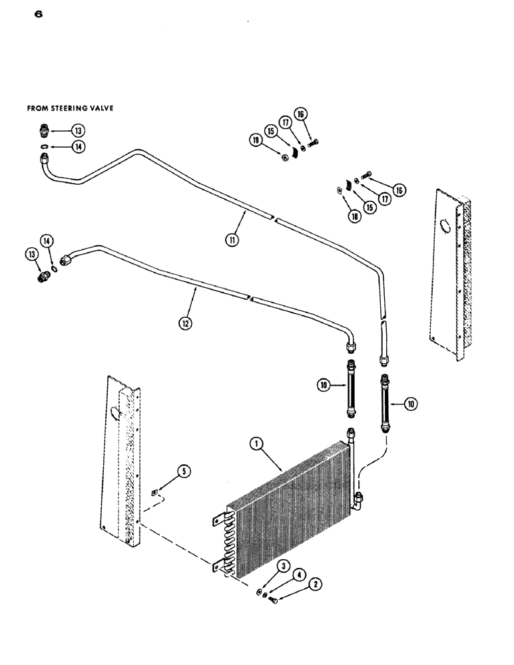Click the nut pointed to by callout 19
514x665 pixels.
284,158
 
